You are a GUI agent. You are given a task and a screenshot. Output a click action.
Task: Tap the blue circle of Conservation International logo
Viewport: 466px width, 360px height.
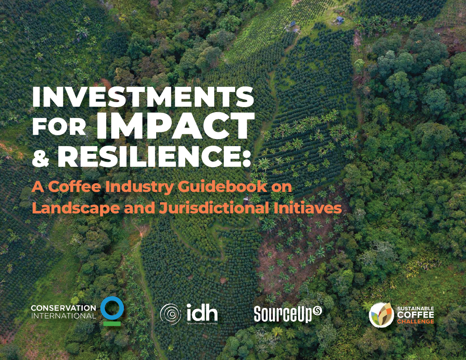(x=112, y=307)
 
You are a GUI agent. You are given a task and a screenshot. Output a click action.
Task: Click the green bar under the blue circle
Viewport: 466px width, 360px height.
(x=112, y=323)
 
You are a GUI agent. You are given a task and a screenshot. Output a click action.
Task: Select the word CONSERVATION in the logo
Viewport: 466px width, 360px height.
(x=63, y=308)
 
